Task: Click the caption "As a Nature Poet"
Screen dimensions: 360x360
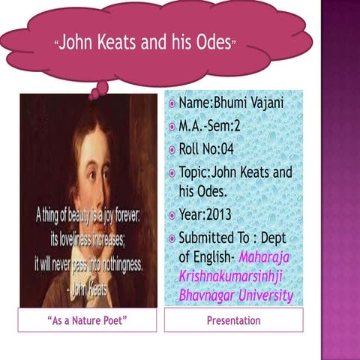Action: pyautogui.click(x=87, y=321)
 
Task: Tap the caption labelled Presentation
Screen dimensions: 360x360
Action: pyautogui.click(x=233, y=321)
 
